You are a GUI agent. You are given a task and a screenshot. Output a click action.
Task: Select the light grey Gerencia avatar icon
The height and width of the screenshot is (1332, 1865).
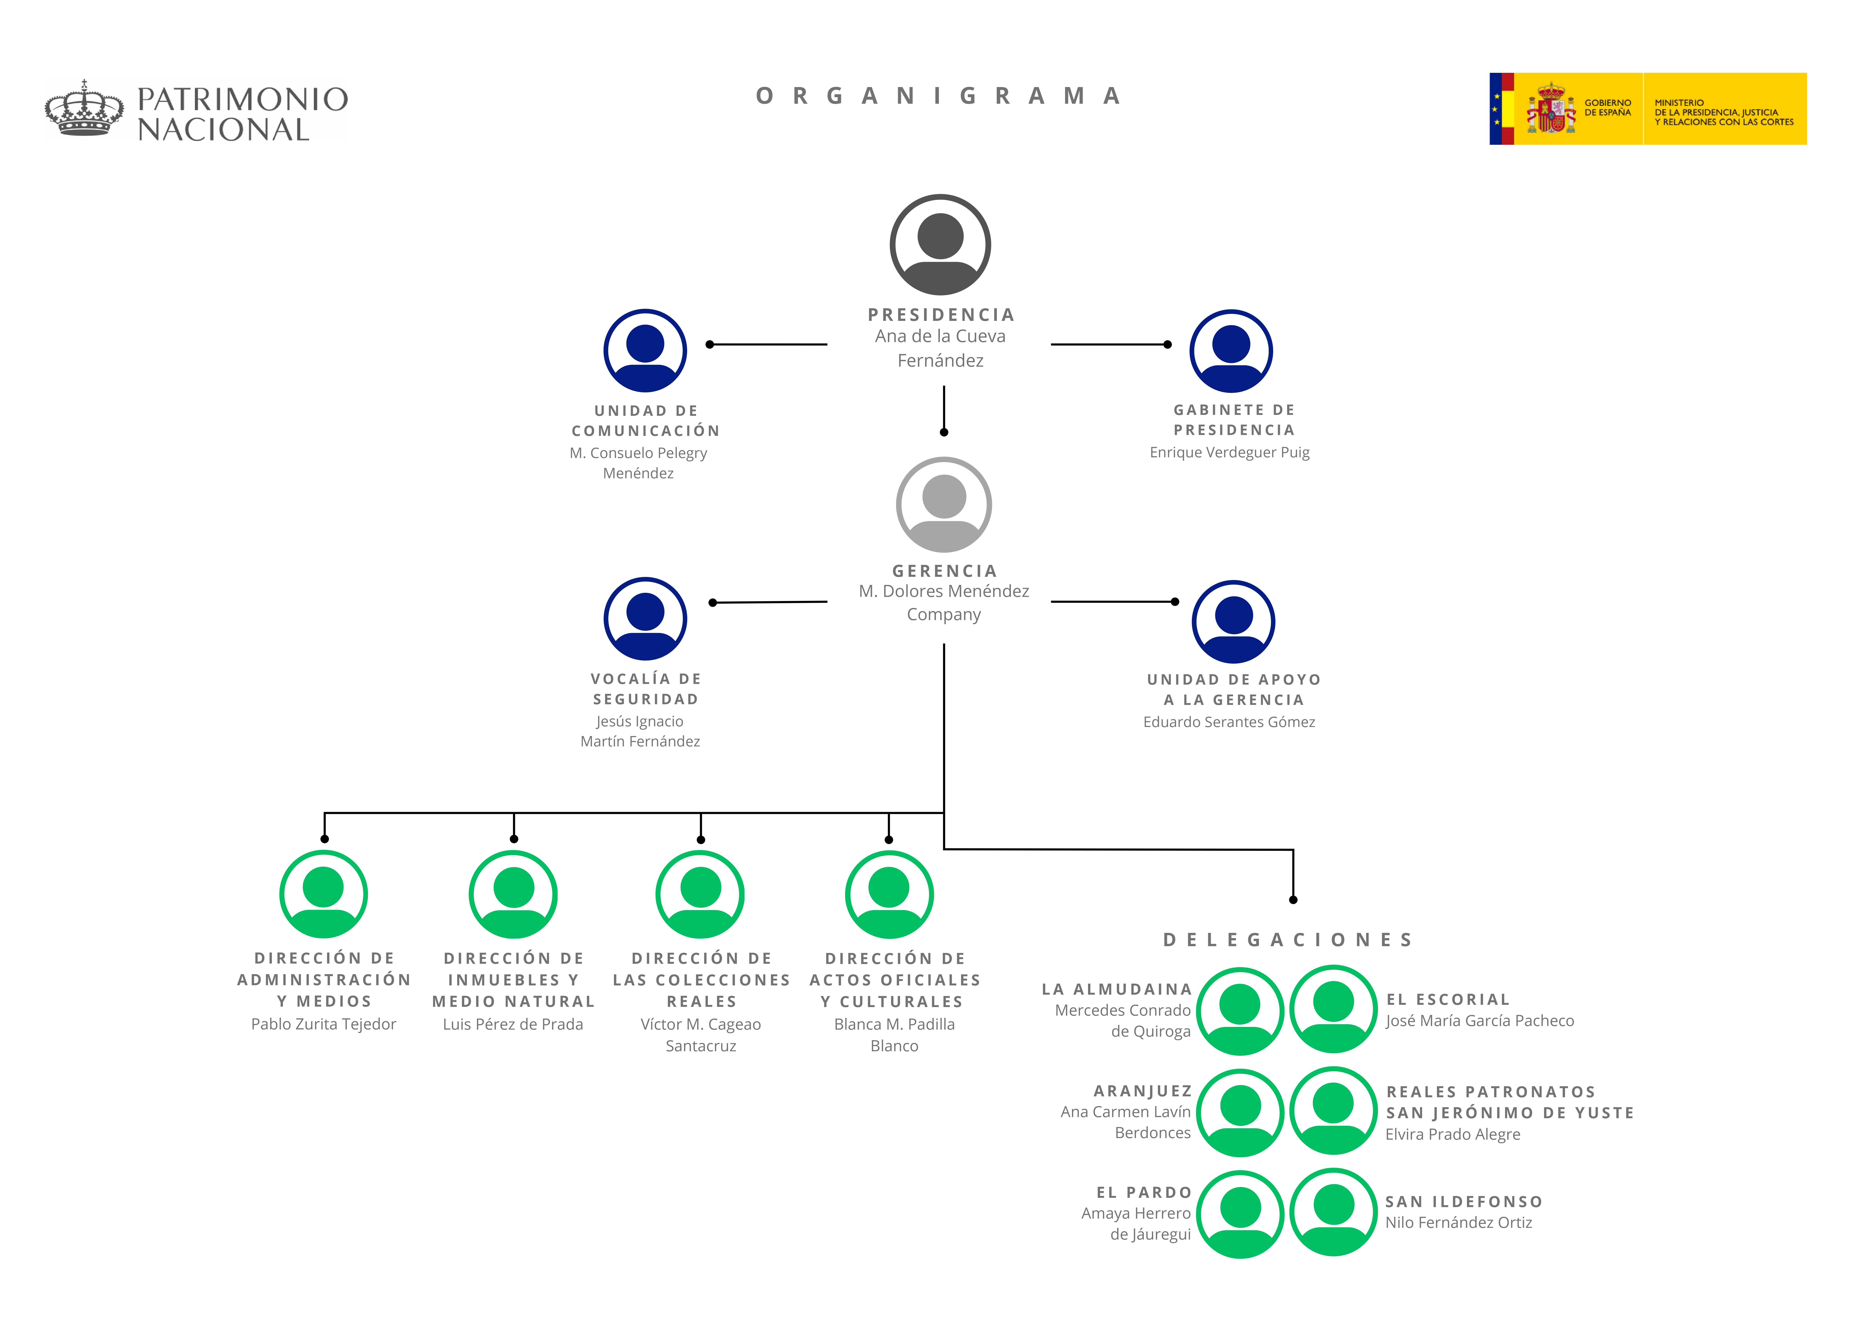tap(944, 504)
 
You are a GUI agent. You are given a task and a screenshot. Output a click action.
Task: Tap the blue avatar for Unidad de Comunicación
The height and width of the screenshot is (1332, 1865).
tap(645, 350)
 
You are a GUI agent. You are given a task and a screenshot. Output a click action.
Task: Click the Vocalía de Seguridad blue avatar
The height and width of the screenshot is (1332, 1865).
tap(645, 619)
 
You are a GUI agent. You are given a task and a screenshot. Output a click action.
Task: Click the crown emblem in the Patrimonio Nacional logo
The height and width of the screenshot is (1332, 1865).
tap(85, 108)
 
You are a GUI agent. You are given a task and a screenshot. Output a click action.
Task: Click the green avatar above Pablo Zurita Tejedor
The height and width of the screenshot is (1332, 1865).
tap(323, 894)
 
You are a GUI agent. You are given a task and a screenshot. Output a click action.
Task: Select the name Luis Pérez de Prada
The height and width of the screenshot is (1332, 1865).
tap(513, 1024)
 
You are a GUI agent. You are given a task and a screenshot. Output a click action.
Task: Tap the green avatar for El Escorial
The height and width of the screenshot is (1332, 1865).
tap(1334, 1009)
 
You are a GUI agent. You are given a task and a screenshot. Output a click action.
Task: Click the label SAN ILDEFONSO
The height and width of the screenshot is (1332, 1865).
tap(1464, 1202)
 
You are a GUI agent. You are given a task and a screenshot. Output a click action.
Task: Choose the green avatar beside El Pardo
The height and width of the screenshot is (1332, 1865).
tap(1240, 1214)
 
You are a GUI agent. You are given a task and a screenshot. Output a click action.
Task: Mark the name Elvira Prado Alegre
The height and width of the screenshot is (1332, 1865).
tap(1452, 1134)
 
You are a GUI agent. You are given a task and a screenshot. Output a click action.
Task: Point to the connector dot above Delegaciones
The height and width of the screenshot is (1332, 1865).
tap(1293, 900)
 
